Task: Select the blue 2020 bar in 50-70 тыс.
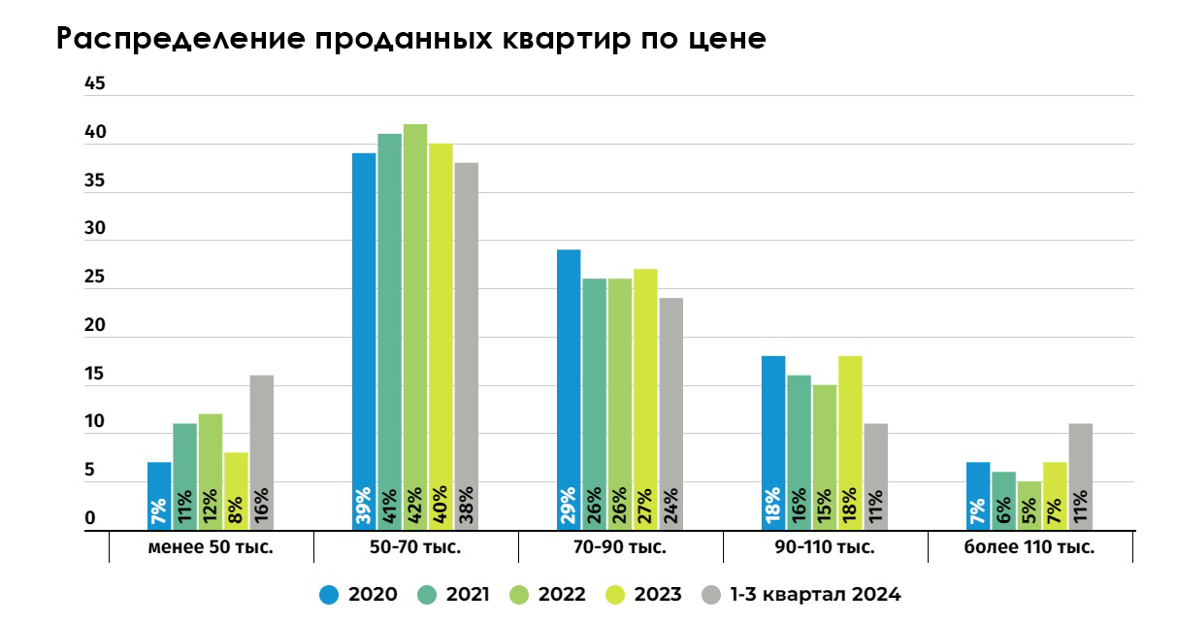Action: (x=364, y=340)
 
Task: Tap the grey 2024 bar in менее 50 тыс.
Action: (x=261, y=451)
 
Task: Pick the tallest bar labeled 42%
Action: (x=415, y=325)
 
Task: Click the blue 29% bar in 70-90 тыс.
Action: (x=569, y=388)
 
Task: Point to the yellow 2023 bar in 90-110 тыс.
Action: (x=850, y=442)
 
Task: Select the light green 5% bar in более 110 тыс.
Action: (x=1030, y=505)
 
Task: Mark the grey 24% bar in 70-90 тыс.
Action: (x=670, y=412)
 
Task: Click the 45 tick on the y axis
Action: (x=94, y=84)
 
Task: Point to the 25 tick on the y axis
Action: (x=94, y=278)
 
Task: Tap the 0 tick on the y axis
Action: (x=90, y=519)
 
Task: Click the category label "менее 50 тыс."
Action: (x=211, y=547)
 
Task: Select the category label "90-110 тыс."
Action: (x=825, y=547)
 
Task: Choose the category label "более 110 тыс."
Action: (x=1030, y=547)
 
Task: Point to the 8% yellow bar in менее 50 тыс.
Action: (x=236, y=490)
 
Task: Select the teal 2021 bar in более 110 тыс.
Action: (x=1004, y=501)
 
